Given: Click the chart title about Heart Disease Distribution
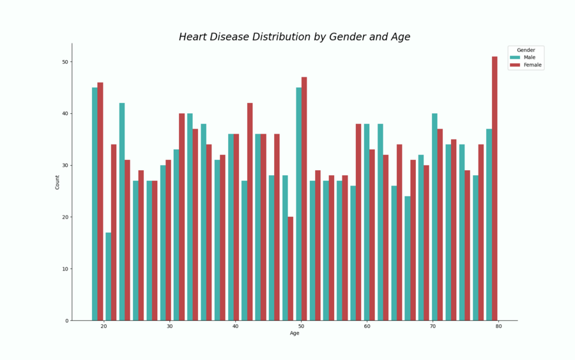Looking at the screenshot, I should [x=295, y=37].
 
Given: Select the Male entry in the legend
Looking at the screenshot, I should [x=529, y=58].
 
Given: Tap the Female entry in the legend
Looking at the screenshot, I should [x=532, y=65].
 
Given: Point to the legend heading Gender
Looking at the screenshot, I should [x=526, y=50].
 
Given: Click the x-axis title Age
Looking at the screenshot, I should [x=295, y=333].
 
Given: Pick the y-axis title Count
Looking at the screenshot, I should [x=57, y=182].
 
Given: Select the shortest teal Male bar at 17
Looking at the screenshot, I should [x=108, y=276].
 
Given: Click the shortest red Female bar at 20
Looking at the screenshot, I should [x=290, y=269].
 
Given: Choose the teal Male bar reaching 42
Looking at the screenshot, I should [x=122, y=212].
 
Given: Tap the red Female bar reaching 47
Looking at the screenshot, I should [x=304, y=199].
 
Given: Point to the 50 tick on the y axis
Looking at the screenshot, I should [x=65, y=62].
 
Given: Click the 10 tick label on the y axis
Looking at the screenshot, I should [x=65, y=269].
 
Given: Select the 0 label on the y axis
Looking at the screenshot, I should [x=67, y=321].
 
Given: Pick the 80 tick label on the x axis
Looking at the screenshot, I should [x=498, y=327].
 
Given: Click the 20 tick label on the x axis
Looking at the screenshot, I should [x=103, y=327].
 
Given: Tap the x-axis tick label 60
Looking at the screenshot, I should [x=367, y=327].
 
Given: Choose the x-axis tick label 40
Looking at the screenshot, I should [x=235, y=327].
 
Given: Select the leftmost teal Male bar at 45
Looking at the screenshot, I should [x=95, y=204].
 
